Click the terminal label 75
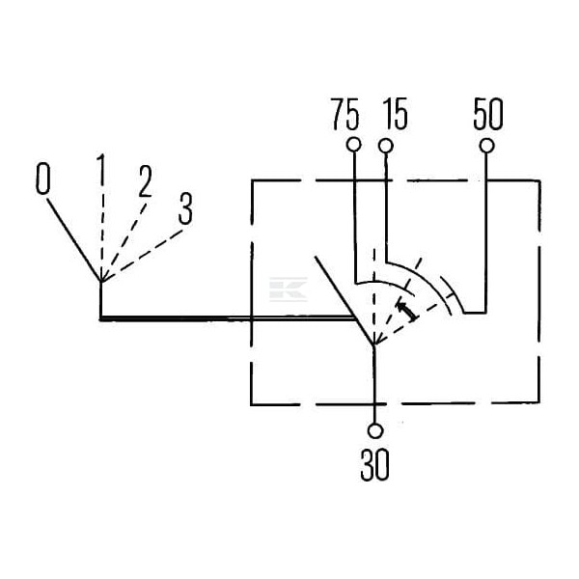(345, 114)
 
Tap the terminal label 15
(395, 114)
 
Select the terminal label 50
(487, 114)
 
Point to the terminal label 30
(374, 464)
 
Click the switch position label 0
(42, 179)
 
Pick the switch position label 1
(100, 170)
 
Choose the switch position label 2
(145, 181)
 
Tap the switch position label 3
(185, 208)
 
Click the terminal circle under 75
(354, 145)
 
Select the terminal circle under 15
(386, 146)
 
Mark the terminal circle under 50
(486, 146)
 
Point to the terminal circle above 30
(375, 431)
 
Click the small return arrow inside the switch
(406, 311)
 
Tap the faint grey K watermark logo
(288, 289)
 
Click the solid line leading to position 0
(73, 239)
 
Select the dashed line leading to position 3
(143, 256)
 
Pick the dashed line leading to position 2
(124, 242)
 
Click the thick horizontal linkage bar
(226, 317)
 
